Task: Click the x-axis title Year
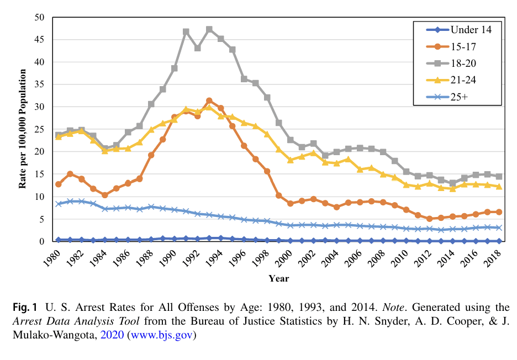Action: click(x=278, y=278)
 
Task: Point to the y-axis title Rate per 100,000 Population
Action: click(x=23, y=129)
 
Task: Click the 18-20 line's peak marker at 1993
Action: click(x=209, y=29)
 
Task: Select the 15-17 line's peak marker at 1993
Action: click(x=209, y=100)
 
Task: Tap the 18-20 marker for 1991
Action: click(x=186, y=31)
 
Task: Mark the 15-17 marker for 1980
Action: click(x=59, y=184)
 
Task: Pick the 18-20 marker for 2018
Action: click(x=499, y=176)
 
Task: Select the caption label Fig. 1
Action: click(x=24, y=307)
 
